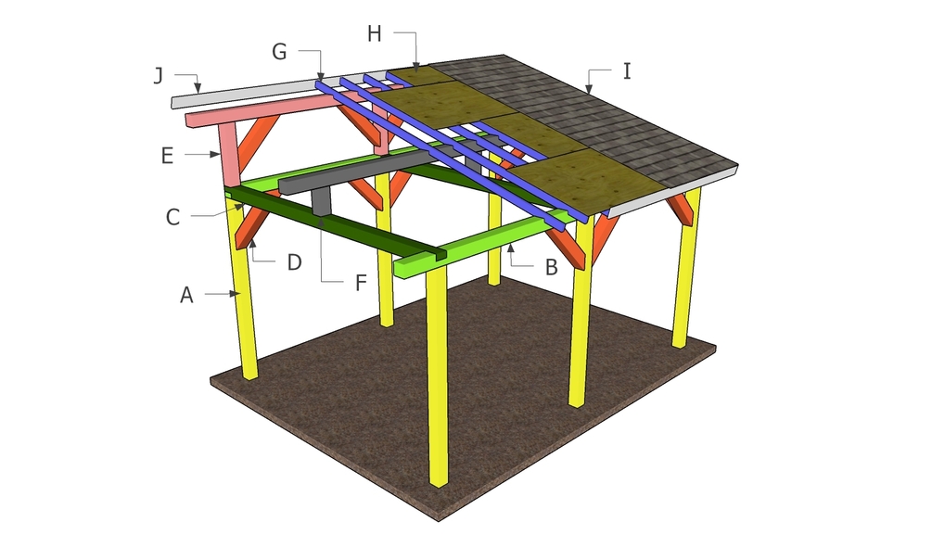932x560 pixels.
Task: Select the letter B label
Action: [551, 267]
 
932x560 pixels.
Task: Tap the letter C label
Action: [173, 218]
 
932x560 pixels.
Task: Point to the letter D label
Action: [293, 262]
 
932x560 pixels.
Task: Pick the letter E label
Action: [167, 155]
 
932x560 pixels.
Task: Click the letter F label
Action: [361, 282]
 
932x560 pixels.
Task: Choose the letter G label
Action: [279, 53]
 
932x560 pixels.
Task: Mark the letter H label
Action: [374, 33]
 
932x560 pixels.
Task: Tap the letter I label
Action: [627, 70]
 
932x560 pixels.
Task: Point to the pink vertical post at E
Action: [226, 153]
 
